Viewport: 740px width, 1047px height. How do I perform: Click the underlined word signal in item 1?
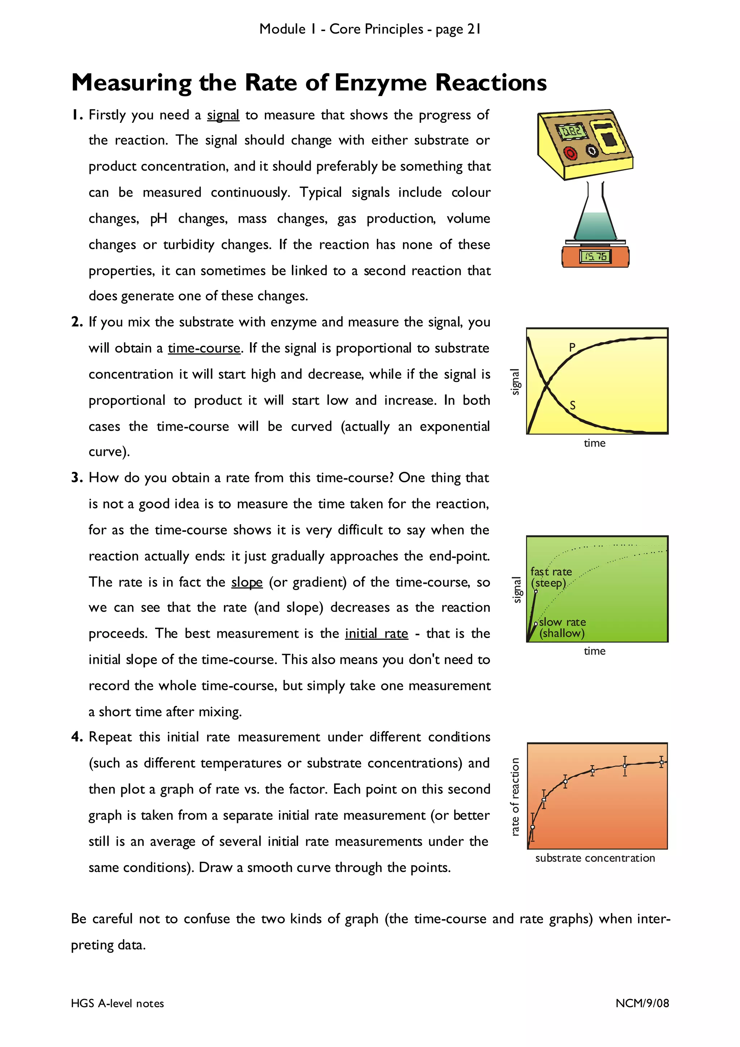point(223,115)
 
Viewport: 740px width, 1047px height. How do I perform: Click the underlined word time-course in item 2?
point(204,348)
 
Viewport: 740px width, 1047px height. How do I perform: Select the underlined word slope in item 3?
point(247,582)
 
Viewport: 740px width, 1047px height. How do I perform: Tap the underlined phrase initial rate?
point(376,633)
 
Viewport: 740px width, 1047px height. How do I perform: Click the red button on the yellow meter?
point(570,153)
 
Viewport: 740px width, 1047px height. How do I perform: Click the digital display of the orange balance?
point(594,257)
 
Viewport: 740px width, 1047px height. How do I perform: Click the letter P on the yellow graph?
point(572,347)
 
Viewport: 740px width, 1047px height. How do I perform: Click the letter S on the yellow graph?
point(572,405)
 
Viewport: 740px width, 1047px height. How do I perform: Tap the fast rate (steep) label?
point(550,577)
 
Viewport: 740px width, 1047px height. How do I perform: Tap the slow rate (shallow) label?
point(562,628)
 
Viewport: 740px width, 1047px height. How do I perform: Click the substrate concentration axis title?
point(594,858)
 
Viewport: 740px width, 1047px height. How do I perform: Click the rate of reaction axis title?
point(515,796)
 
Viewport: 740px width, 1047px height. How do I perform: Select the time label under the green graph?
point(594,651)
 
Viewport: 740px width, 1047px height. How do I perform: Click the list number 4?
point(76,737)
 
